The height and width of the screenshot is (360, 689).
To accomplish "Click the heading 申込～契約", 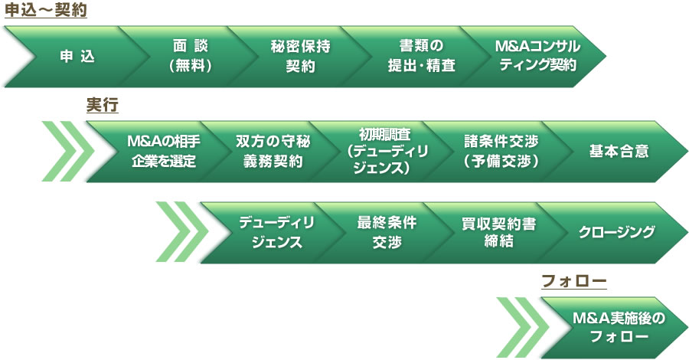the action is (46, 10).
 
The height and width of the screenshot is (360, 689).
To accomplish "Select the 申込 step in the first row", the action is (77, 56).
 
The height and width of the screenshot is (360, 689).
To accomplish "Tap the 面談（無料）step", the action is (191, 56).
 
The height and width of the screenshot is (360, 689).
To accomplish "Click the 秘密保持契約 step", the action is (301, 56).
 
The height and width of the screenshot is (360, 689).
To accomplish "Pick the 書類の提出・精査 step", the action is (421, 56).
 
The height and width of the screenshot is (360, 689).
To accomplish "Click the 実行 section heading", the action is (103, 106).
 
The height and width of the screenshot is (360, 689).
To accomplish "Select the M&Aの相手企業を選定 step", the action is (164, 152).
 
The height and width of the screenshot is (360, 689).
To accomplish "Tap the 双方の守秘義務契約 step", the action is (273, 152).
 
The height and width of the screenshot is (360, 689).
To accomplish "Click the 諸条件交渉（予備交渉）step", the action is (501, 152).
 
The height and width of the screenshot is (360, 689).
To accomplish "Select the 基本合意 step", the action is (619, 152).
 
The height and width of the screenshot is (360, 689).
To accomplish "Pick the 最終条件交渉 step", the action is (387, 233).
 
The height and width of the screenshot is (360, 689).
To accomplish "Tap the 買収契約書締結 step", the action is (498, 233).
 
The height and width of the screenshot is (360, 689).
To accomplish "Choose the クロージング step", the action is (617, 233).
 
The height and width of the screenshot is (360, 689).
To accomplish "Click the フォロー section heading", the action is (574, 281).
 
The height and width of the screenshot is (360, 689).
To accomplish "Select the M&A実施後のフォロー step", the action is (619, 328).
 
